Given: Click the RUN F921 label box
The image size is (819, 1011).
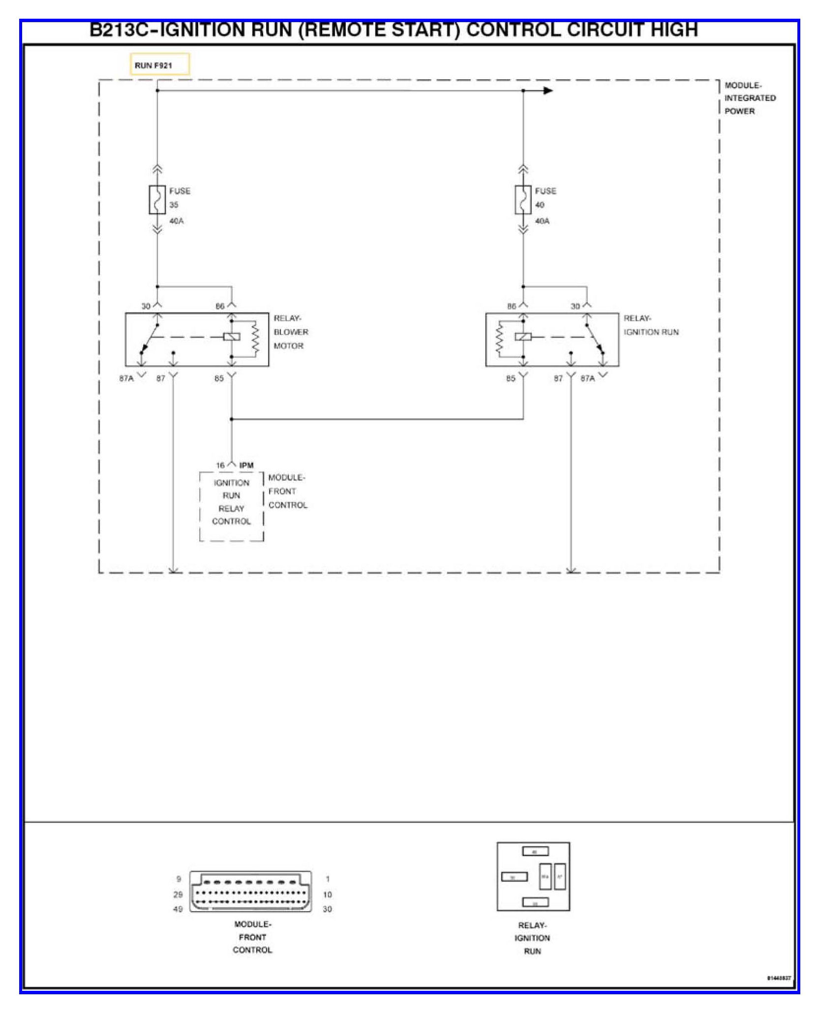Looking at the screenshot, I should (x=159, y=64).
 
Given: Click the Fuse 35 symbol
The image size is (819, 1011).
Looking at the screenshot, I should (x=157, y=200).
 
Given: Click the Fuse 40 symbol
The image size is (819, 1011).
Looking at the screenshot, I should (x=523, y=200).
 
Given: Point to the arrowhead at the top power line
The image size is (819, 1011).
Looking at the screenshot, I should (x=547, y=91).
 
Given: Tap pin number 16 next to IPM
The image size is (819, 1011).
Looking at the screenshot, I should (x=220, y=465).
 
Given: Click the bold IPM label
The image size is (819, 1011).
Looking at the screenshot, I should (x=246, y=465).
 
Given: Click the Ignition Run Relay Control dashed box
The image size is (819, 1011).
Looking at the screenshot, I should (x=231, y=507).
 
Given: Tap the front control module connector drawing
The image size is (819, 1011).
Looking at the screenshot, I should (x=251, y=892).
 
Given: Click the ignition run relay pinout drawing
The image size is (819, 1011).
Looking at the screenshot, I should (x=533, y=876).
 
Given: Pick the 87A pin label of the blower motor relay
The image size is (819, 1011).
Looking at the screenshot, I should (x=126, y=378).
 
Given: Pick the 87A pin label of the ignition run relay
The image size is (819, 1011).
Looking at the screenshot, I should (x=587, y=378).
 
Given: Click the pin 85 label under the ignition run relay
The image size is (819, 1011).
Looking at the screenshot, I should (x=511, y=378).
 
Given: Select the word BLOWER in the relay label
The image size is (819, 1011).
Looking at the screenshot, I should (x=291, y=332).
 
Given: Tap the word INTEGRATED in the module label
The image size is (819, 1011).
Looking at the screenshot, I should (x=750, y=98).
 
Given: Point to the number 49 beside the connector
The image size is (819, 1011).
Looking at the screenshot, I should (x=178, y=909).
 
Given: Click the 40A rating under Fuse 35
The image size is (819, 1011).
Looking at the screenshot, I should (x=176, y=221).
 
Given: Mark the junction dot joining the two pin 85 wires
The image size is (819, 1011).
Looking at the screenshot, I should (x=232, y=419).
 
